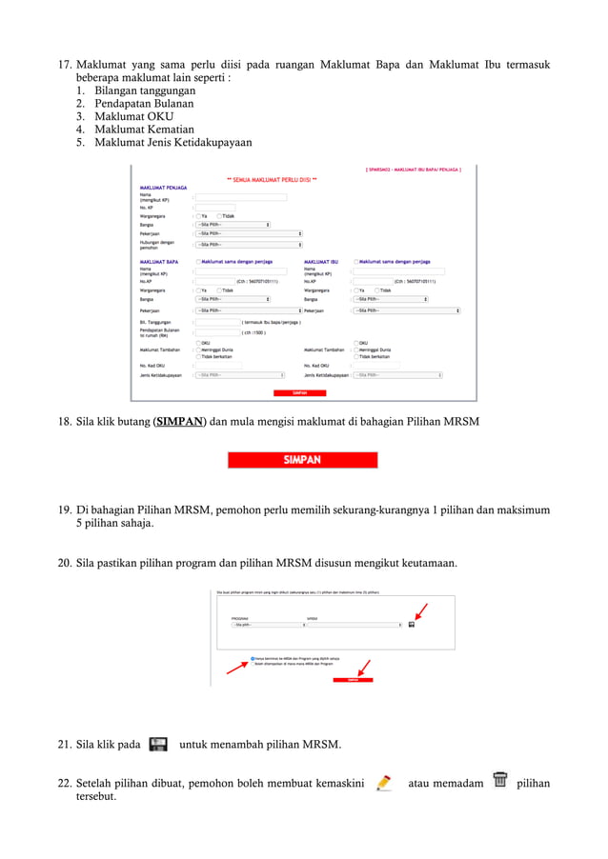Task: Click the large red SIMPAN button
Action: pos(301,460)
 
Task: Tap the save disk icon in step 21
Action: pos(159,744)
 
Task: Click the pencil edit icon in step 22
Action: pos(383,783)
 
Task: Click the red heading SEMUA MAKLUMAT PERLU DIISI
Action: pos(272,179)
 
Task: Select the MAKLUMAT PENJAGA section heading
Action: pos(163,188)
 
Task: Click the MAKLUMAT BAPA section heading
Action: pos(159,261)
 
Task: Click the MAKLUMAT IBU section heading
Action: pos(321,261)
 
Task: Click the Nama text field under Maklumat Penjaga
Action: pos(241,197)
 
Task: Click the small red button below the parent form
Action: pos(299,392)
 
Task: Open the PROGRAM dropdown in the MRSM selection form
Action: pos(266,625)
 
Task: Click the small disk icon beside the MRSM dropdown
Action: pos(411,625)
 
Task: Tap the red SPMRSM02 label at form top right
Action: pos(414,170)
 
